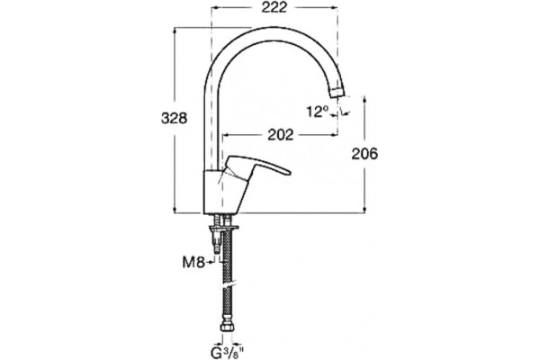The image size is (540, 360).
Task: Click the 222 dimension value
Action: pos(274,7)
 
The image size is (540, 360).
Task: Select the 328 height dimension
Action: pos(175,118)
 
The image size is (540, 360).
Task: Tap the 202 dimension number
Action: pos(281,135)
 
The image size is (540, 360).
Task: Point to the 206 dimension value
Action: pos(364,154)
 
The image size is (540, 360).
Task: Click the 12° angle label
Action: pos(317,112)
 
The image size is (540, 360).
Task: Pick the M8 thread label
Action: pos(193,263)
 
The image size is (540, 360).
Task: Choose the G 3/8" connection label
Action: pos(228,353)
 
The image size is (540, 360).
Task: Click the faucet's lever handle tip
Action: pos(289,171)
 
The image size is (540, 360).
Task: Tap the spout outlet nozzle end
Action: pos(337,92)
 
